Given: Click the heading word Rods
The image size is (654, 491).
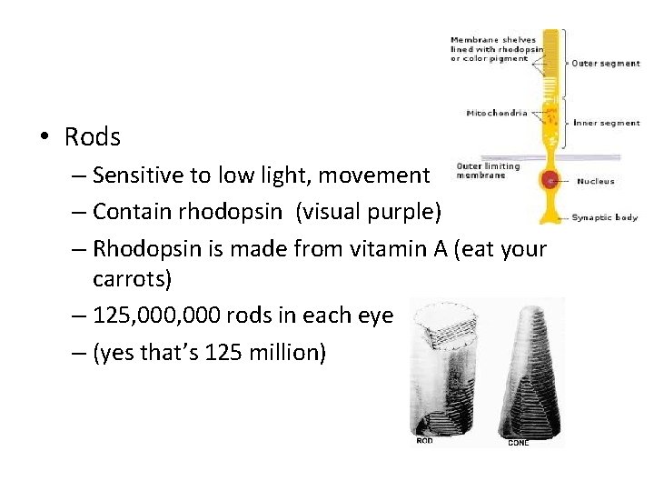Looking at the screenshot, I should click(x=92, y=137).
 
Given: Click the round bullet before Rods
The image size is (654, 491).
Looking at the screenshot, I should click(x=45, y=138).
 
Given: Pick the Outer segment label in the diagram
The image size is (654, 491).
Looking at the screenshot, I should click(x=604, y=64).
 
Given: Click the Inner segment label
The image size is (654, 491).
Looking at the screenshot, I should click(x=606, y=123).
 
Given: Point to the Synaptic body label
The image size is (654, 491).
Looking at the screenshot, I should click(x=604, y=217).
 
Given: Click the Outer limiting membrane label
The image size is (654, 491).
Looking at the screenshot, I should click(x=488, y=171).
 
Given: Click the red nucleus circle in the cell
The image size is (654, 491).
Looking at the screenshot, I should click(x=550, y=180).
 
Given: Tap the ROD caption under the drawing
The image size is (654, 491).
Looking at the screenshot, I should click(x=424, y=442).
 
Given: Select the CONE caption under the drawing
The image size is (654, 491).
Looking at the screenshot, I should click(x=518, y=443).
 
